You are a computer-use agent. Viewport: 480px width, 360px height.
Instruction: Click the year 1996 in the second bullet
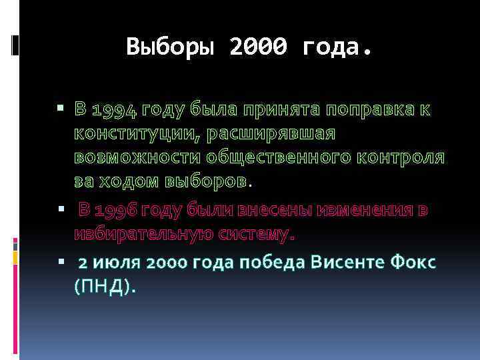click(x=116, y=211)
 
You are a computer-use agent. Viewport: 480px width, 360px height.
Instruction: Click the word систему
click(x=255, y=234)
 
